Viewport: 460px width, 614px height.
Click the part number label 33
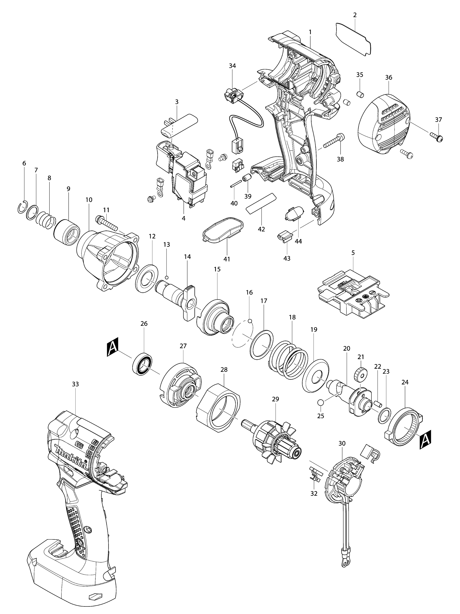75,384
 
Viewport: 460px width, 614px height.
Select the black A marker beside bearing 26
113,347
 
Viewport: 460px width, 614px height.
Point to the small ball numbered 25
320,402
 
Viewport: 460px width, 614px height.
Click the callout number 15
217,269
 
